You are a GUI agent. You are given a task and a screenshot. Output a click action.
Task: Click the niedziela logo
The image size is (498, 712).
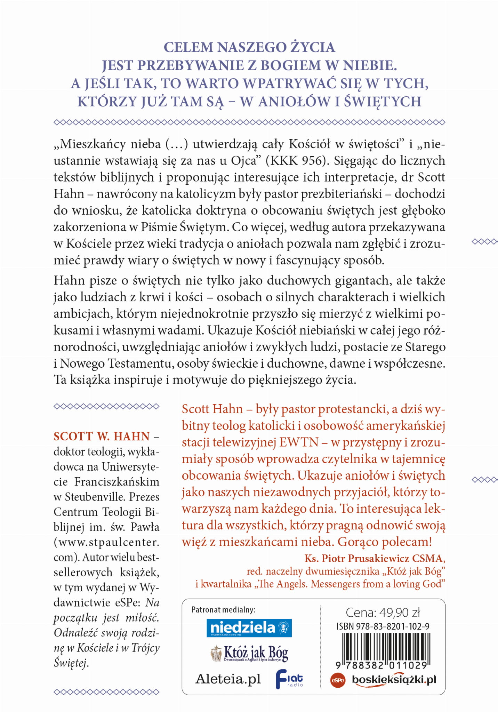[249, 628]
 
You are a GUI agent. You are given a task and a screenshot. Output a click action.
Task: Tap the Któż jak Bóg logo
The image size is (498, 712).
[249, 653]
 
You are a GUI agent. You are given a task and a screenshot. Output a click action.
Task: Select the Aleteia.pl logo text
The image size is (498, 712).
[228, 679]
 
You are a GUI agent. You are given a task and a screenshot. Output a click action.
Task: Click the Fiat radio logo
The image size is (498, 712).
[289, 679]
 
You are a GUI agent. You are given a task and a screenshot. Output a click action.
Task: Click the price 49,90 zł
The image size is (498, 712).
[383, 613]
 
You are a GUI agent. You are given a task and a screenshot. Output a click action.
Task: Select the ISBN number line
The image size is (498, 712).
[383, 626]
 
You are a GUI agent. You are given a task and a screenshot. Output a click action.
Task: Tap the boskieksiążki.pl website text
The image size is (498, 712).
[394, 680]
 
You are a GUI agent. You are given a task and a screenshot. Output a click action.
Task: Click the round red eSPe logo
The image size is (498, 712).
[337, 680]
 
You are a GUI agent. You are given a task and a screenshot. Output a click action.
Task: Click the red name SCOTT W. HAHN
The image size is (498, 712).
[102, 436]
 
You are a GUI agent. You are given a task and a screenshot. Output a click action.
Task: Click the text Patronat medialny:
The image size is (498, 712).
[223, 609]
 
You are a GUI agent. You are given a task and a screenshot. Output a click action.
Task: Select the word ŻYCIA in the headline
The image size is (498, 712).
[313, 47]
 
